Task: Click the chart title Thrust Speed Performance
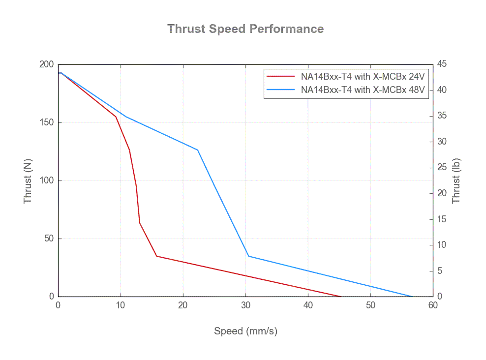coord(245,29)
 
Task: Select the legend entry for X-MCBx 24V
coord(363,77)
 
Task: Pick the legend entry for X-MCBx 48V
coord(363,90)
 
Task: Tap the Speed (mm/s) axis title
coord(245,331)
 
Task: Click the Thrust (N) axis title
coord(28,181)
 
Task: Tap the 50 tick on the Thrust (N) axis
coord(49,239)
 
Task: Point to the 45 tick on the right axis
coord(442,64)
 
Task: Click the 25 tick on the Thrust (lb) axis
coord(442,168)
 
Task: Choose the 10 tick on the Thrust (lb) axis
coord(442,245)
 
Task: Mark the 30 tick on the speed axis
coord(245,305)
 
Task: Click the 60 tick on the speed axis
coord(433,305)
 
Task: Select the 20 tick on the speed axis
coord(183,305)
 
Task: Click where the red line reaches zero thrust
coord(341,297)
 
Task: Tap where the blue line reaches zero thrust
coord(412,297)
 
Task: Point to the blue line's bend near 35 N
coord(248,256)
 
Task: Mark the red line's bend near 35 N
coord(157,256)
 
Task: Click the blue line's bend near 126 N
coord(198,150)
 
